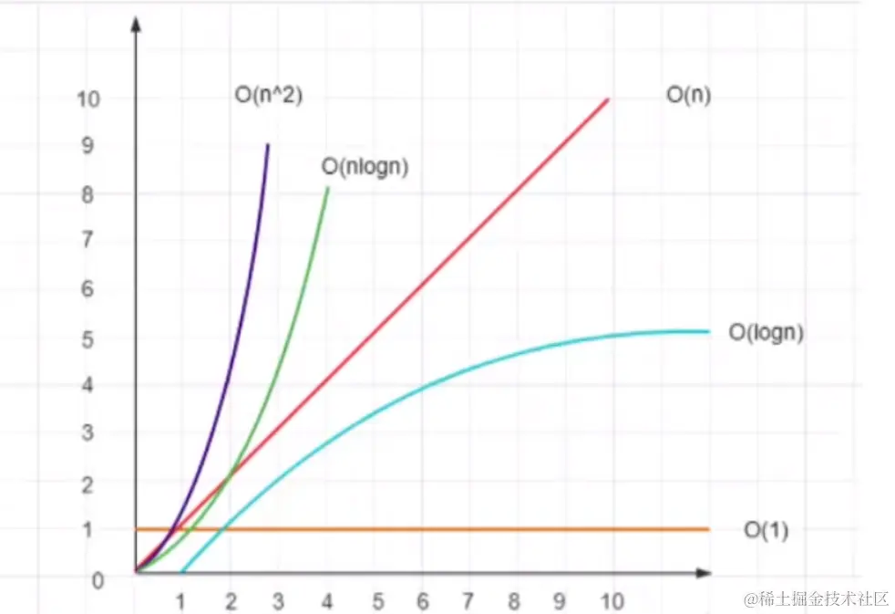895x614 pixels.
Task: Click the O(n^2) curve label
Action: point(267,95)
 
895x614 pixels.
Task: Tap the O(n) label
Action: point(688,95)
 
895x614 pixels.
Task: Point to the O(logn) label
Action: point(766,333)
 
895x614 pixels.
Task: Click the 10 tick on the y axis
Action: point(88,98)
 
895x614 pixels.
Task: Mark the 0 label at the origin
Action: point(98,578)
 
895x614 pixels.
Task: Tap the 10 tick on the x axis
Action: point(612,601)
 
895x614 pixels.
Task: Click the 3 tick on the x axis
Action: point(278,601)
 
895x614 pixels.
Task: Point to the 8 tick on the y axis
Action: point(88,193)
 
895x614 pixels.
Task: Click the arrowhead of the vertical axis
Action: point(135,22)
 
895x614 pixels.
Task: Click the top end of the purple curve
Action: point(267,144)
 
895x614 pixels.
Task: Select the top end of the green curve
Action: point(328,188)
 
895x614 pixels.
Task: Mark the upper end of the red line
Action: point(608,99)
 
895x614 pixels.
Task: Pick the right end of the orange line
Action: point(708,529)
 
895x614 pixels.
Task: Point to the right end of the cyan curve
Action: point(708,331)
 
